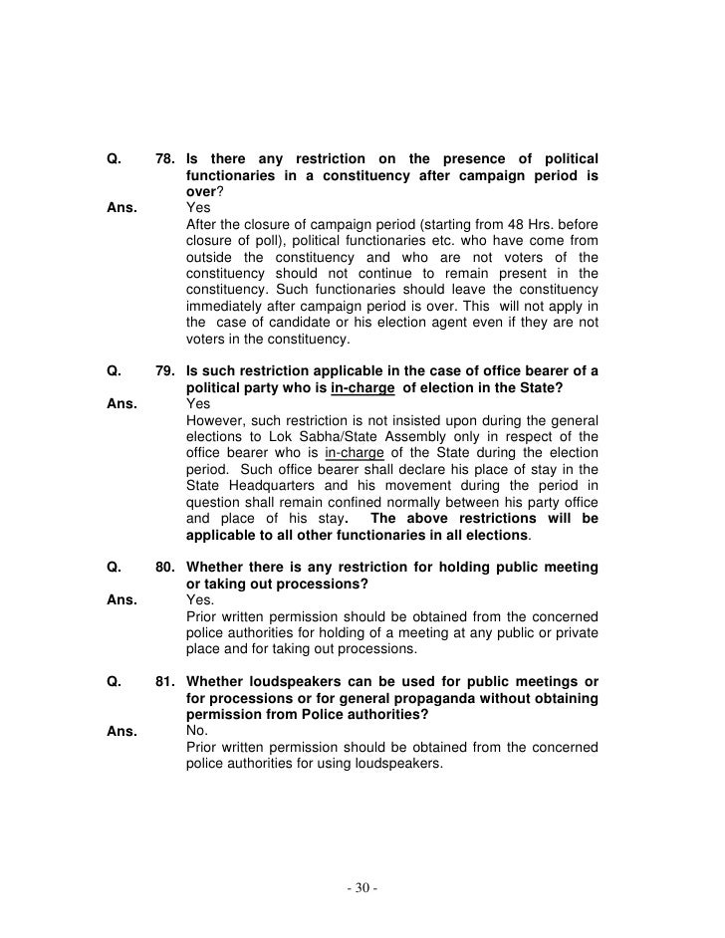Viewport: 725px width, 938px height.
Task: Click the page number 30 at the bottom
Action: point(362,881)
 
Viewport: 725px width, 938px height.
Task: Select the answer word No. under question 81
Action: point(197,729)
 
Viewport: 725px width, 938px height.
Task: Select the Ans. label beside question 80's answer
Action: point(120,600)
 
